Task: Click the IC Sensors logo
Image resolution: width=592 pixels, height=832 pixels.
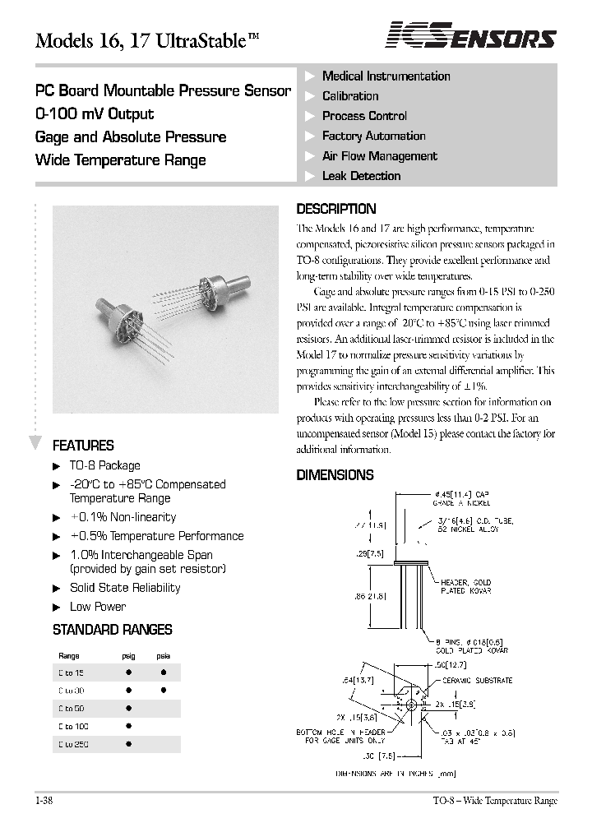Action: pyautogui.click(x=471, y=35)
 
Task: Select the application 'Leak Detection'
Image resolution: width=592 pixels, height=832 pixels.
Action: pyautogui.click(x=361, y=176)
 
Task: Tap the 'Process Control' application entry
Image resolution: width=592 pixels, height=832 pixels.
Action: pyautogui.click(x=364, y=116)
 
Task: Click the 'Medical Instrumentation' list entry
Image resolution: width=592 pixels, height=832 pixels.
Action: pyautogui.click(x=386, y=76)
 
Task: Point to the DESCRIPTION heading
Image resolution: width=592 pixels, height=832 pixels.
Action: pyautogui.click(x=335, y=209)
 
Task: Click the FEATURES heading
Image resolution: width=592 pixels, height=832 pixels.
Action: pyautogui.click(x=83, y=446)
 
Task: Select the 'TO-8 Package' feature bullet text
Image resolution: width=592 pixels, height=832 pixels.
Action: pyautogui.click(x=104, y=465)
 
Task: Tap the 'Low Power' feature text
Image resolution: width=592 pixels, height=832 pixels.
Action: pyautogui.click(x=98, y=607)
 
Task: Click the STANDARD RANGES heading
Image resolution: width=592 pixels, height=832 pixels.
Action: pyautogui.click(x=112, y=630)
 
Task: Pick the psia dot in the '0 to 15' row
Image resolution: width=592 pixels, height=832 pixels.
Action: pyautogui.click(x=163, y=672)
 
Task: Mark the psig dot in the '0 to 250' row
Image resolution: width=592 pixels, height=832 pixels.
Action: pyautogui.click(x=129, y=744)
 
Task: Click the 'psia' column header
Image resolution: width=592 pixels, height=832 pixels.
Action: pyautogui.click(x=163, y=656)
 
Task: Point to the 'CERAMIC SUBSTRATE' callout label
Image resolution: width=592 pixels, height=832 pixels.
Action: pyautogui.click(x=477, y=680)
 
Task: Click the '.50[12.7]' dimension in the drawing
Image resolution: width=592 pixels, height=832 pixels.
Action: pyautogui.click(x=439, y=663)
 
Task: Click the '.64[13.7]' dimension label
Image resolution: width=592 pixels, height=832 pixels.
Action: pyautogui.click(x=358, y=681)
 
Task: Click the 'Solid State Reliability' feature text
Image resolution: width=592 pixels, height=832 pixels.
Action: pyautogui.click(x=125, y=588)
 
